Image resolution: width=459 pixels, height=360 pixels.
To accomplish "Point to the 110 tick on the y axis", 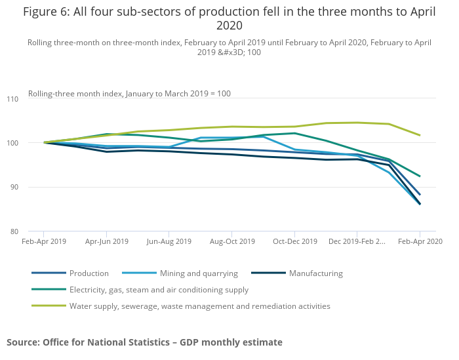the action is (12, 99).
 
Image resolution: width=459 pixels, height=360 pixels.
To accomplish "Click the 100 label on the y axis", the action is (12, 143).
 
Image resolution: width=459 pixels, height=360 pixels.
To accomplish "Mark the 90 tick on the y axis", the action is (14, 187).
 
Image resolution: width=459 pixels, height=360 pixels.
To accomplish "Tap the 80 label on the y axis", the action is (14, 231).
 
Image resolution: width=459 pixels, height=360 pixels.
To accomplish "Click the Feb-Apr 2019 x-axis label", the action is (44, 241).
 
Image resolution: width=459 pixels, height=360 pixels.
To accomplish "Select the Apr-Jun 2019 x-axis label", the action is (107, 241).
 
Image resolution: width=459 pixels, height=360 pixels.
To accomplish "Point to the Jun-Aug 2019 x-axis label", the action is (169, 241).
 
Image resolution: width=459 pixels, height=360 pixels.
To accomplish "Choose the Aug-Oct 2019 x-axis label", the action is (232, 241).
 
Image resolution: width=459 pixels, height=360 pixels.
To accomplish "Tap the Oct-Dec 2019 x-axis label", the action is (295, 241).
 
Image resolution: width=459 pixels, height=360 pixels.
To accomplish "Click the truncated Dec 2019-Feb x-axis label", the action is (357, 241).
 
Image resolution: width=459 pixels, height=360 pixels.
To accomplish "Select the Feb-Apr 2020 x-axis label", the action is (420, 241).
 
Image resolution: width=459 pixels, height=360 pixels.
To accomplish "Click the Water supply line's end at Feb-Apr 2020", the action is (420, 135).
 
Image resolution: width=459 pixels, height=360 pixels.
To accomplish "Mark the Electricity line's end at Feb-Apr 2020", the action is (420, 176).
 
